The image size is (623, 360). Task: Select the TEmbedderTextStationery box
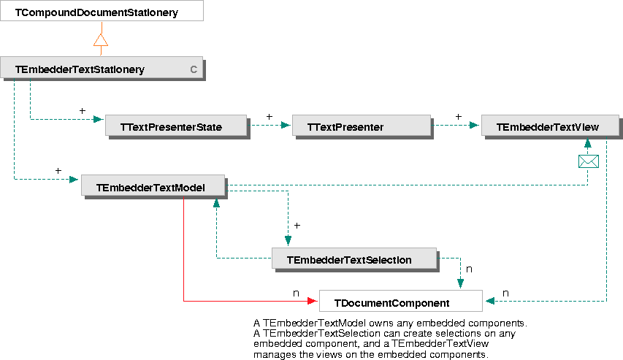[x=101, y=69]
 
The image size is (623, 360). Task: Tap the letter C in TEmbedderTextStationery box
[x=194, y=69]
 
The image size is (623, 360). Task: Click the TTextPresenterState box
[x=175, y=126]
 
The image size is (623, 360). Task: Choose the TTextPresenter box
[x=361, y=126]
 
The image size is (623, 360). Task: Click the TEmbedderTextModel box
[x=153, y=187]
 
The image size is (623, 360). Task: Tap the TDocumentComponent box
[x=400, y=302]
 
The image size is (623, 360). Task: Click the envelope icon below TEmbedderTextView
[x=588, y=161]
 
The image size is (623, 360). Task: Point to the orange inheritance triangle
[x=101, y=40]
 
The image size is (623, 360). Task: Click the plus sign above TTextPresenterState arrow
[x=82, y=111]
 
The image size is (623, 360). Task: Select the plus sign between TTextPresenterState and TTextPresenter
[x=270, y=116]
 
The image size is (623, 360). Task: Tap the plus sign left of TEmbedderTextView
[x=459, y=116]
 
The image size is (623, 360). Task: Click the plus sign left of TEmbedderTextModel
[x=58, y=170]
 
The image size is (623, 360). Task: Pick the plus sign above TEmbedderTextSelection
[x=297, y=225]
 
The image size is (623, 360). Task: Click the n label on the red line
[x=296, y=293]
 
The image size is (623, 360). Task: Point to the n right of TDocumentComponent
[x=505, y=293]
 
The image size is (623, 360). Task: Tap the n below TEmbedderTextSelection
[x=469, y=269]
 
